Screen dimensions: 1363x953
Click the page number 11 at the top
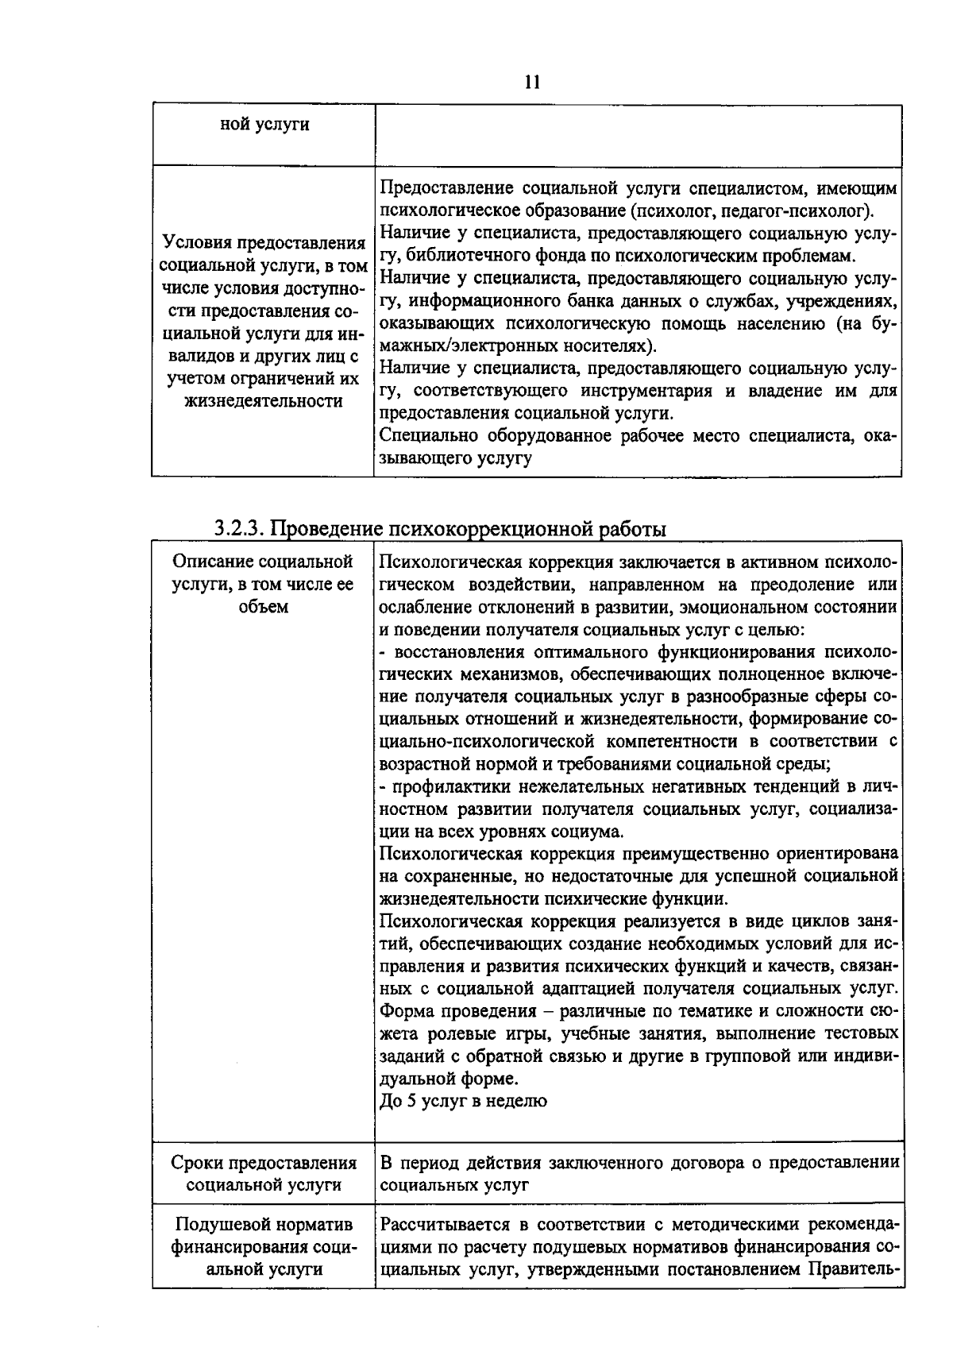click(x=532, y=83)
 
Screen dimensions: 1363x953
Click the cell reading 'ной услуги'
click(x=264, y=125)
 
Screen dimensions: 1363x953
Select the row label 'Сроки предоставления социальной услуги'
click(x=264, y=1174)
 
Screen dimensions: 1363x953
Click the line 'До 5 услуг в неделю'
click(x=463, y=1101)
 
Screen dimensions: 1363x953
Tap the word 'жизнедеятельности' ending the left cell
click(x=264, y=401)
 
